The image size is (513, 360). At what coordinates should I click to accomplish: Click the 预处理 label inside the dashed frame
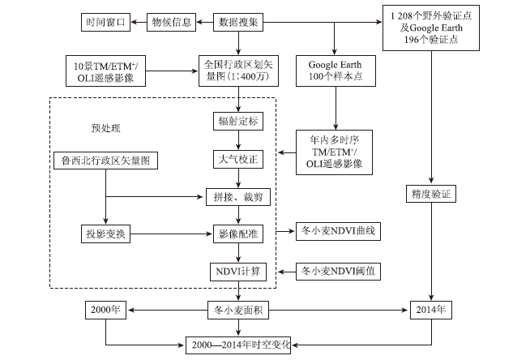pyautogui.click(x=105, y=128)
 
